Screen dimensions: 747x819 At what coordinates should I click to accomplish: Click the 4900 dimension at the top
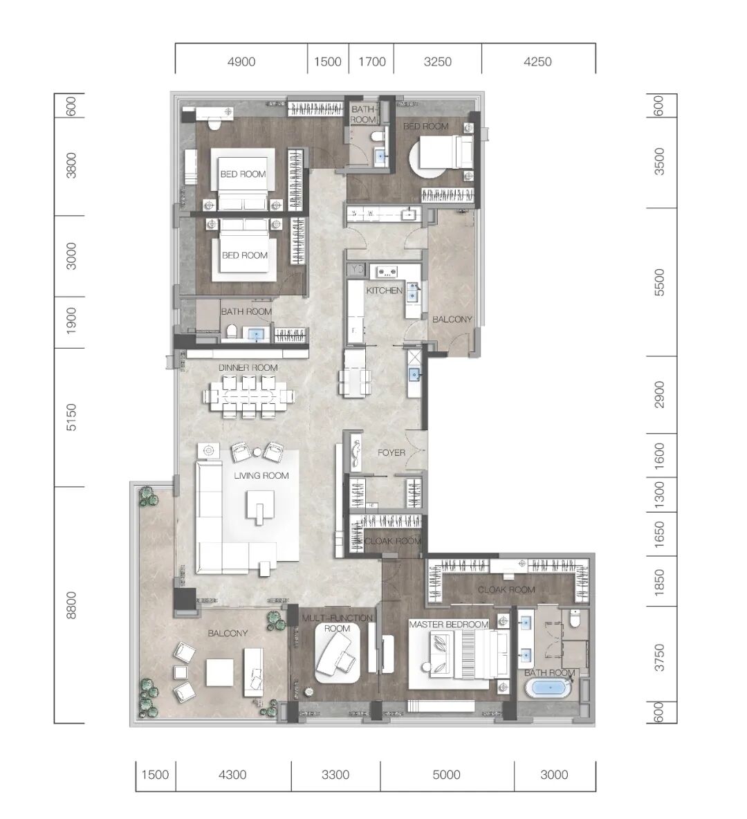coord(241,62)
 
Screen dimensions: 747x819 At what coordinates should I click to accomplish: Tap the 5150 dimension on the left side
coord(71,417)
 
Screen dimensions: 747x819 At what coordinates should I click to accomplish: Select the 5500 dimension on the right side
coord(660,283)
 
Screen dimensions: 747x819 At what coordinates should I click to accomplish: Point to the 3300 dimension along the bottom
coord(335,775)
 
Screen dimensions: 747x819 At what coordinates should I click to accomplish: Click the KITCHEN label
coord(385,291)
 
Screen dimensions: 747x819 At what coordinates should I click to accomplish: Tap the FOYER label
coord(391,453)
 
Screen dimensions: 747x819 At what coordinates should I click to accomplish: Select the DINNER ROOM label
coord(248,368)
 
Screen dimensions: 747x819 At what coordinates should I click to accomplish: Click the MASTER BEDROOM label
coord(449,624)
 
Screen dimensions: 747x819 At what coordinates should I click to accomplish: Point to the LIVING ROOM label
coord(261,475)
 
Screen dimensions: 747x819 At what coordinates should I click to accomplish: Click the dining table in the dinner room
coord(249,396)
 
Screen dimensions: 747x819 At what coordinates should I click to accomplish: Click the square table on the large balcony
coord(219,672)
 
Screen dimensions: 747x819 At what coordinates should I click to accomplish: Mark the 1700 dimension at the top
coord(372,62)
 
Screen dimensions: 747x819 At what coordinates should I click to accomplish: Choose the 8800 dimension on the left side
coord(71,605)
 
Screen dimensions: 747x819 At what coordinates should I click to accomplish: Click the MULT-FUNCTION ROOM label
coord(338,623)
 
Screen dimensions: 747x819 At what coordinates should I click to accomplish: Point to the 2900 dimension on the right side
coord(660,395)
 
